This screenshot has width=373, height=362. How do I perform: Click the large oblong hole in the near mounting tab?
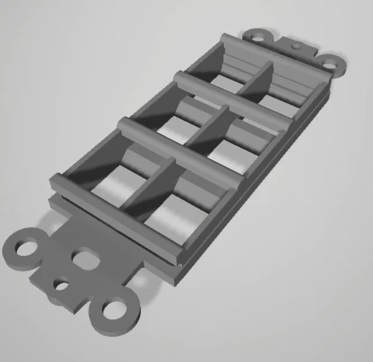[85, 258]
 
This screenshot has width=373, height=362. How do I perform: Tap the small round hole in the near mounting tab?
[61, 284]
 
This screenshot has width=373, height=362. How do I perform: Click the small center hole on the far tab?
[295, 45]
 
